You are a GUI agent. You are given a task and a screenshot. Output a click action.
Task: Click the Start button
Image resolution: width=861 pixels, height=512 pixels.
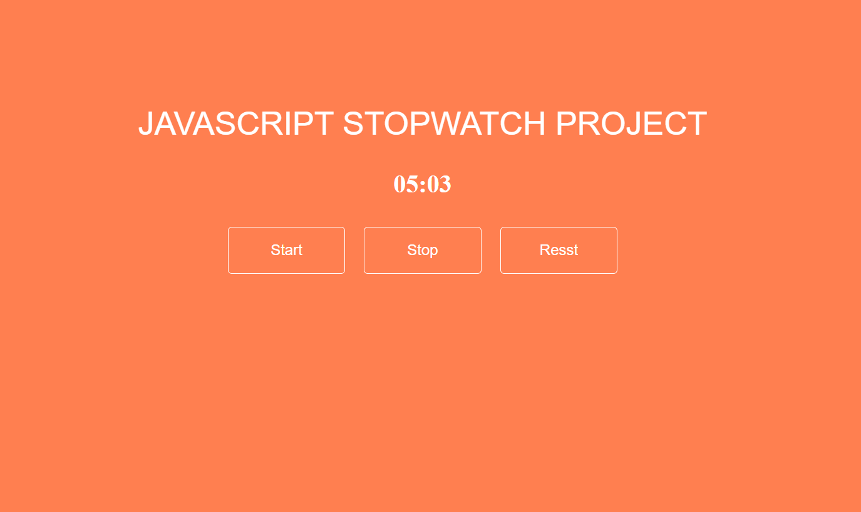[286, 250]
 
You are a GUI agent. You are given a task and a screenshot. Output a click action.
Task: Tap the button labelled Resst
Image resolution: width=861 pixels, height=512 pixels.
[559, 250]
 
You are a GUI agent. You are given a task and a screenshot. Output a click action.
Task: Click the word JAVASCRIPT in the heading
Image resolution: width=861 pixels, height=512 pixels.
[235, 123]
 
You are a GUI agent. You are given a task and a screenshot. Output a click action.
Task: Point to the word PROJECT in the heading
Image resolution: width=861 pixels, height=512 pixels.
[631, 123]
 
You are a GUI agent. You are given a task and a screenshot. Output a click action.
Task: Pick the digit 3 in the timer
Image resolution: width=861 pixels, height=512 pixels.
[444, 184]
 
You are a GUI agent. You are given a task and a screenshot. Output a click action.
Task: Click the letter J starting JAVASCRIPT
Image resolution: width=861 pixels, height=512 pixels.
[146, 123]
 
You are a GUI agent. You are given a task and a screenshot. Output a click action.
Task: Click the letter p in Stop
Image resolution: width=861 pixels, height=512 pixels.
[433, 251]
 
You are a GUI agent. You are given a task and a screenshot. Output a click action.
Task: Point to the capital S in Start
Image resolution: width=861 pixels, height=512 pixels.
[275, 250]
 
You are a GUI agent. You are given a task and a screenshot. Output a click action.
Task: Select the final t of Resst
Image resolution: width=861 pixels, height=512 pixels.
[575, 250]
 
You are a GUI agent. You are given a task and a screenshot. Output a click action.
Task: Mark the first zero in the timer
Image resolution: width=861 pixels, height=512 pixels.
[400, 184]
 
